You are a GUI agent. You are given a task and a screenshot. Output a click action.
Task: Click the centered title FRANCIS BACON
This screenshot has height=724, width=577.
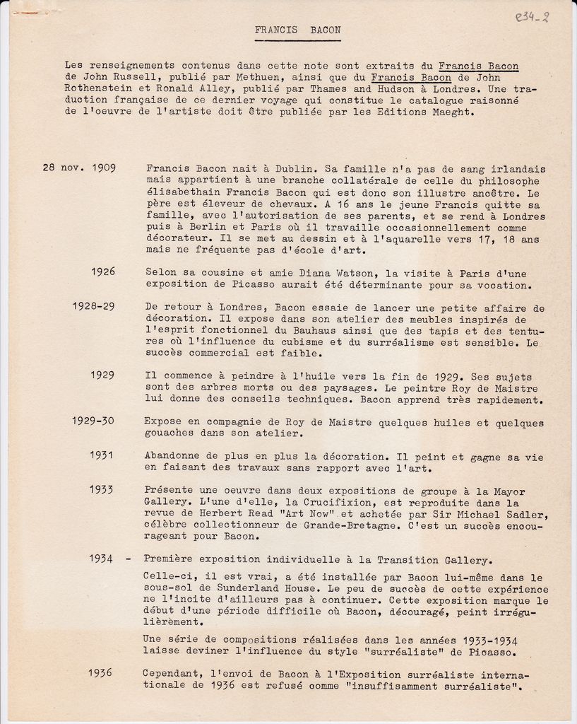pyautogui.click(x=297, y=30)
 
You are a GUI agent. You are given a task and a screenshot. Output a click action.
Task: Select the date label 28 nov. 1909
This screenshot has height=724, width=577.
pyautogui.click(x=79, y=169)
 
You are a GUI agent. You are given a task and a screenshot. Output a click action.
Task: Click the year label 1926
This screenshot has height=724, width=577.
pyautogui.click(x=103, y=271)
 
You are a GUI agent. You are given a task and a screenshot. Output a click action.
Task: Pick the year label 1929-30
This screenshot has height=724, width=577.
pyautogui.click(x=93, y=421)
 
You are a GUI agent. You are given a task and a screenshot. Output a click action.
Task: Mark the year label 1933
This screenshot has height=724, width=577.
pyautogui.click(x=102, y=490)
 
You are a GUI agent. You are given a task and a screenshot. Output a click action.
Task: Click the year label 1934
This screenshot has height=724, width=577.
pyautogui.click(x=102, y=559)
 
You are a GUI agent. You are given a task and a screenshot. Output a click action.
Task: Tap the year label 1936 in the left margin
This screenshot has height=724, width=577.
pyautogui.click(x=100, y=673)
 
